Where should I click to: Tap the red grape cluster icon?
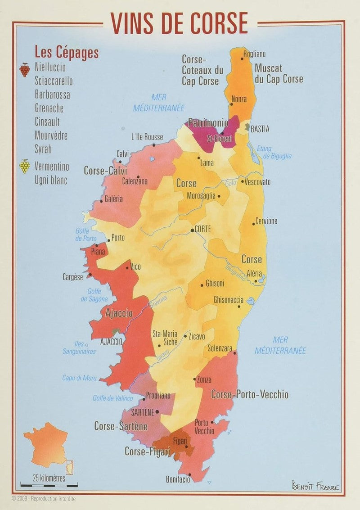click(x=25, y=69)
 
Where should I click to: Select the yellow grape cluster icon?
click(x=25, y=166)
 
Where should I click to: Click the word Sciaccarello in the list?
click(x=54, y=81)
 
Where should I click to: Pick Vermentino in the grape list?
click(x=52, y=167)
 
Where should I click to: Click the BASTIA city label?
click(x=260, y=129)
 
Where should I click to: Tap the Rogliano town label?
click(x=254, y=54)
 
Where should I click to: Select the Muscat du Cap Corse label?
click(x=279, y=74)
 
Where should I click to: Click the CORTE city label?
click(x=202, y=229)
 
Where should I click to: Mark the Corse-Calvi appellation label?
click(x=105, y=171)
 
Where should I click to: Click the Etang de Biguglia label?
click(x=274, y=152)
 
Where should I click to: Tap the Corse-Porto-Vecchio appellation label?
click(x=250, y=395)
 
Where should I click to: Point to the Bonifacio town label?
click(x=178, y=480)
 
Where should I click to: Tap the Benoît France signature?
click(x=316, y=487)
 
